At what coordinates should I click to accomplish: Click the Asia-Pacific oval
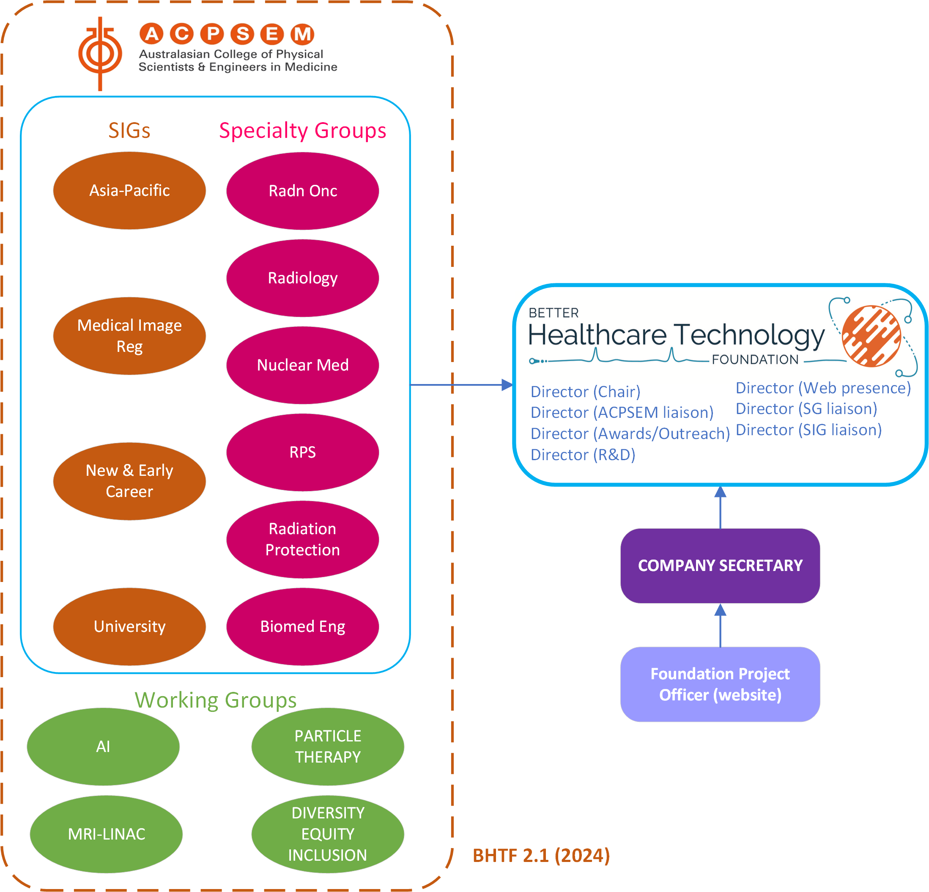click(129, 191)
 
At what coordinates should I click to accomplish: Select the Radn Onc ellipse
click(302, 191)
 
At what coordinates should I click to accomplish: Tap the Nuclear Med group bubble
click(302, 365)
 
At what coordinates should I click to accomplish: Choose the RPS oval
click(302, 453)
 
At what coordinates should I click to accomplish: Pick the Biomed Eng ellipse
click(302, 626)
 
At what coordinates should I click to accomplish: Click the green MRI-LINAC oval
click(106, 834)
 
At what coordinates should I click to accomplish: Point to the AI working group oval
click(103, 747)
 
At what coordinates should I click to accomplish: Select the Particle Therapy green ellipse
click(328, 747)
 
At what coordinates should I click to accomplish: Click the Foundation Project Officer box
click(720, 684)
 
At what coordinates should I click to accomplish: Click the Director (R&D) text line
click(583, 455)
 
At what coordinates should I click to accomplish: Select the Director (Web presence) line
click(823, 388)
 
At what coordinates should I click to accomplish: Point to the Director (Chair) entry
click(585, 392)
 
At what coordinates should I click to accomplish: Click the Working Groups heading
click(216, 700)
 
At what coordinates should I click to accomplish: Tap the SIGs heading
click(129, 130)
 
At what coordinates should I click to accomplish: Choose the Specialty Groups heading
click(302, 130)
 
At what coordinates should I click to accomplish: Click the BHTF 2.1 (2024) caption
click(541, 856)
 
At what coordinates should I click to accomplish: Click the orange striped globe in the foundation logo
click(871, 336)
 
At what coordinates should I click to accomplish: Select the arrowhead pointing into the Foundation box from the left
click(507, 384)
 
